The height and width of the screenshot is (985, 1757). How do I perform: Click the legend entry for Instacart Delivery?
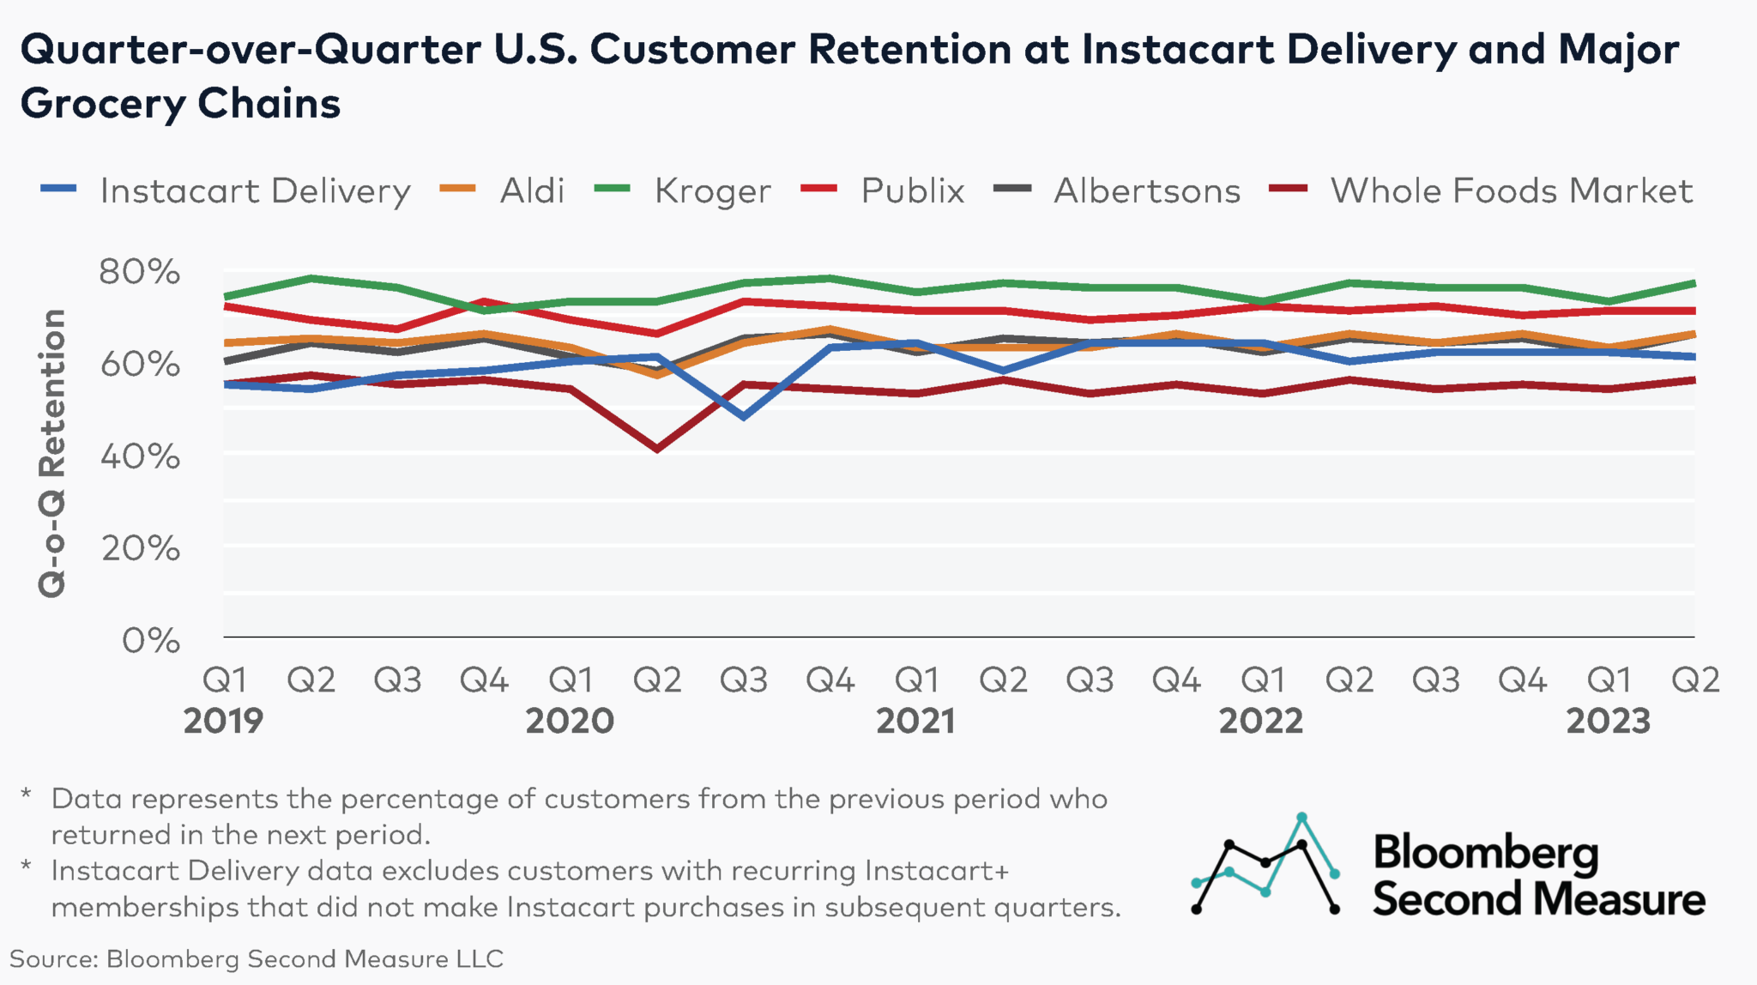[x=255, y=190]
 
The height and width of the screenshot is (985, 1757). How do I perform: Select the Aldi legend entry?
[x=531, y=190]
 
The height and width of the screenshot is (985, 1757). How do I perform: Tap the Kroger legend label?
[x=712, y=190]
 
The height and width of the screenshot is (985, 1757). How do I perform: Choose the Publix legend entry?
[x=912, y=190]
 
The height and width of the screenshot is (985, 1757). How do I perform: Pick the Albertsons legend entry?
[x=1146, y=190]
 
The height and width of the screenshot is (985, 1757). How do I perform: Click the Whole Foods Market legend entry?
[x=1511, y=190]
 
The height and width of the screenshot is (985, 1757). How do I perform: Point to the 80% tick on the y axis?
[x=140, y=272]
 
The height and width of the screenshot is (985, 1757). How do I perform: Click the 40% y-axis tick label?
[x=140, y=456]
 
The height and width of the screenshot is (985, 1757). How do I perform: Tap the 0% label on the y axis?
[x=151, y=640]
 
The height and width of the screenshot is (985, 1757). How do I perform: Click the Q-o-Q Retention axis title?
[x=52, y=453]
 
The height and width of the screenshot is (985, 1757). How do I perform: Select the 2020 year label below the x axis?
[x=570, y=721]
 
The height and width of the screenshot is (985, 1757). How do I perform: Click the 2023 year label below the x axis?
[x=1608, y=721]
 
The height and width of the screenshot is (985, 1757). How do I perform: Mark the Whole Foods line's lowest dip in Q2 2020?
[x=657, y=449]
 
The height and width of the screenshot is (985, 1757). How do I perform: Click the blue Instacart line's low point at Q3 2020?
[x=743, y=417]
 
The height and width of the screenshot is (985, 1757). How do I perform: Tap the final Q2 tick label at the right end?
[x=1695, y=680]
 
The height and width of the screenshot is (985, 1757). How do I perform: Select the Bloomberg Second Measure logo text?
[x=1537, y=875]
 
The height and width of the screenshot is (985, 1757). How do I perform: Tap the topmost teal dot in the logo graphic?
[x=1301, y=816]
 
